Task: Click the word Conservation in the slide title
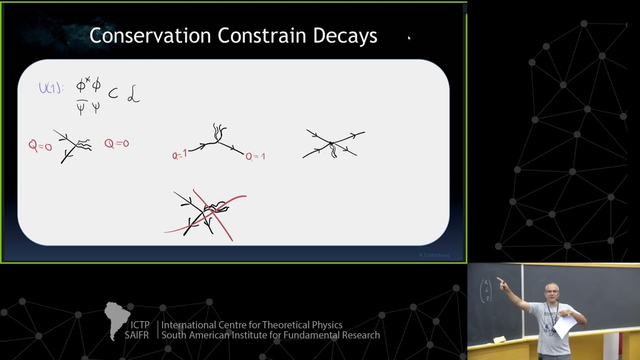point(150,35)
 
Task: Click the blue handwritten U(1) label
point(51,88)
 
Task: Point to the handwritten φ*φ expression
point(88,85)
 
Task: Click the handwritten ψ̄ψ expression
point(88,106)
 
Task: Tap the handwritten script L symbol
point(133,94)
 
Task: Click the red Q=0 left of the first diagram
point(40,146)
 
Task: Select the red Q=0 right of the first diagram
point(116,143)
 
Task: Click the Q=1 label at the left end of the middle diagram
point(179,155)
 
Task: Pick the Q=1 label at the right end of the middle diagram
point(255,156)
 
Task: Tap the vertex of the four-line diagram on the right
point(330,144)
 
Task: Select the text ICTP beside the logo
point(139,325)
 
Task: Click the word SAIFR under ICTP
point(136,335)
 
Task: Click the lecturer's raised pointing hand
point(501,282)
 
